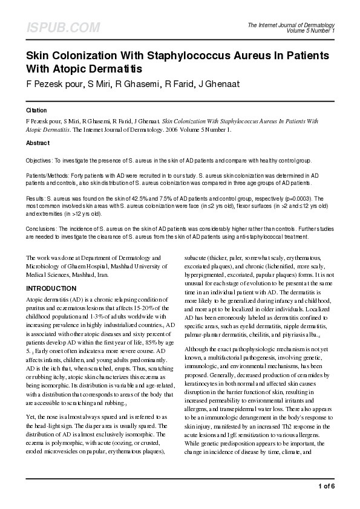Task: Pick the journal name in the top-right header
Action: tap(291, 25)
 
